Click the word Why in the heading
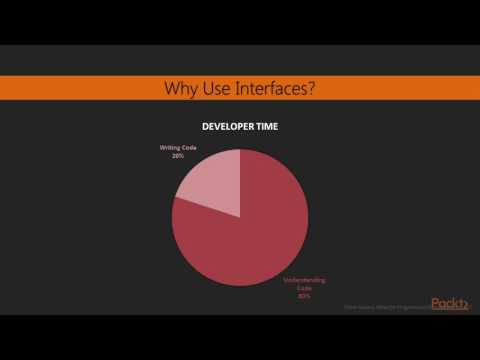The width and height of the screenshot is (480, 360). pyautogui.click(x=181, y=89)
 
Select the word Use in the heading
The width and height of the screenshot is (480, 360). pyautogui.click(x=218, y=89)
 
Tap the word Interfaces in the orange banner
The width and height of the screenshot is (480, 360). pyautogui.click(x=270, y=89)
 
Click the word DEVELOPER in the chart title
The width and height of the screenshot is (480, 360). pyautogui.click(x=229, y=127)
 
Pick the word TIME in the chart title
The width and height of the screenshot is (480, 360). pyautogui.click(x=267, y=127)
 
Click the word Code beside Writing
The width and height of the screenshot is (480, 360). pyautogui.click(x=187, y=148)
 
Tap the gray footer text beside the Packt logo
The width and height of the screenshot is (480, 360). pyautogui.click(x=385, y=308)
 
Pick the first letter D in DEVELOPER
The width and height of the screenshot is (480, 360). pyautogui.click(x=205, y=127)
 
